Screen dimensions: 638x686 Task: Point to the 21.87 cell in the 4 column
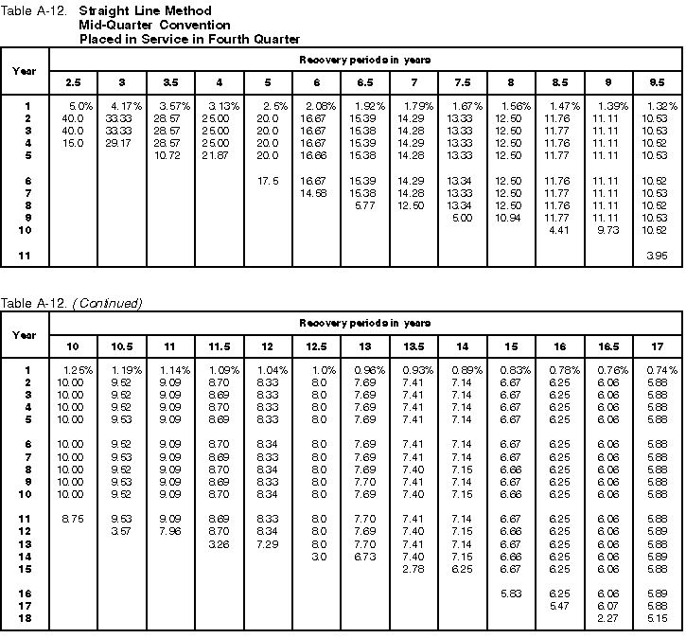220,154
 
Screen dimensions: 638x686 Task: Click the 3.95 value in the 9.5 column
656,255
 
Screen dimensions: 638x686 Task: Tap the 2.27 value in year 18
608,619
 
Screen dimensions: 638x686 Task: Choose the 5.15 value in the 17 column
656,619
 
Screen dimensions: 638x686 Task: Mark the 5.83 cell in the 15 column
511,594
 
